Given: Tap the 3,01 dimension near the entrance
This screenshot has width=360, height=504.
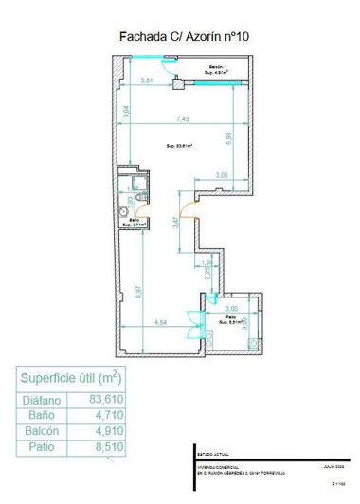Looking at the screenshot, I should (147, 81).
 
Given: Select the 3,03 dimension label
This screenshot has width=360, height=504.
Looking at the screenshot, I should (221, 175).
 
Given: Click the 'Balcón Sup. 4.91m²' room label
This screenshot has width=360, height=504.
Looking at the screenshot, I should (217, 69).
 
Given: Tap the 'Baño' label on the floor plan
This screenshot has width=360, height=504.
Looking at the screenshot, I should (134, 223).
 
